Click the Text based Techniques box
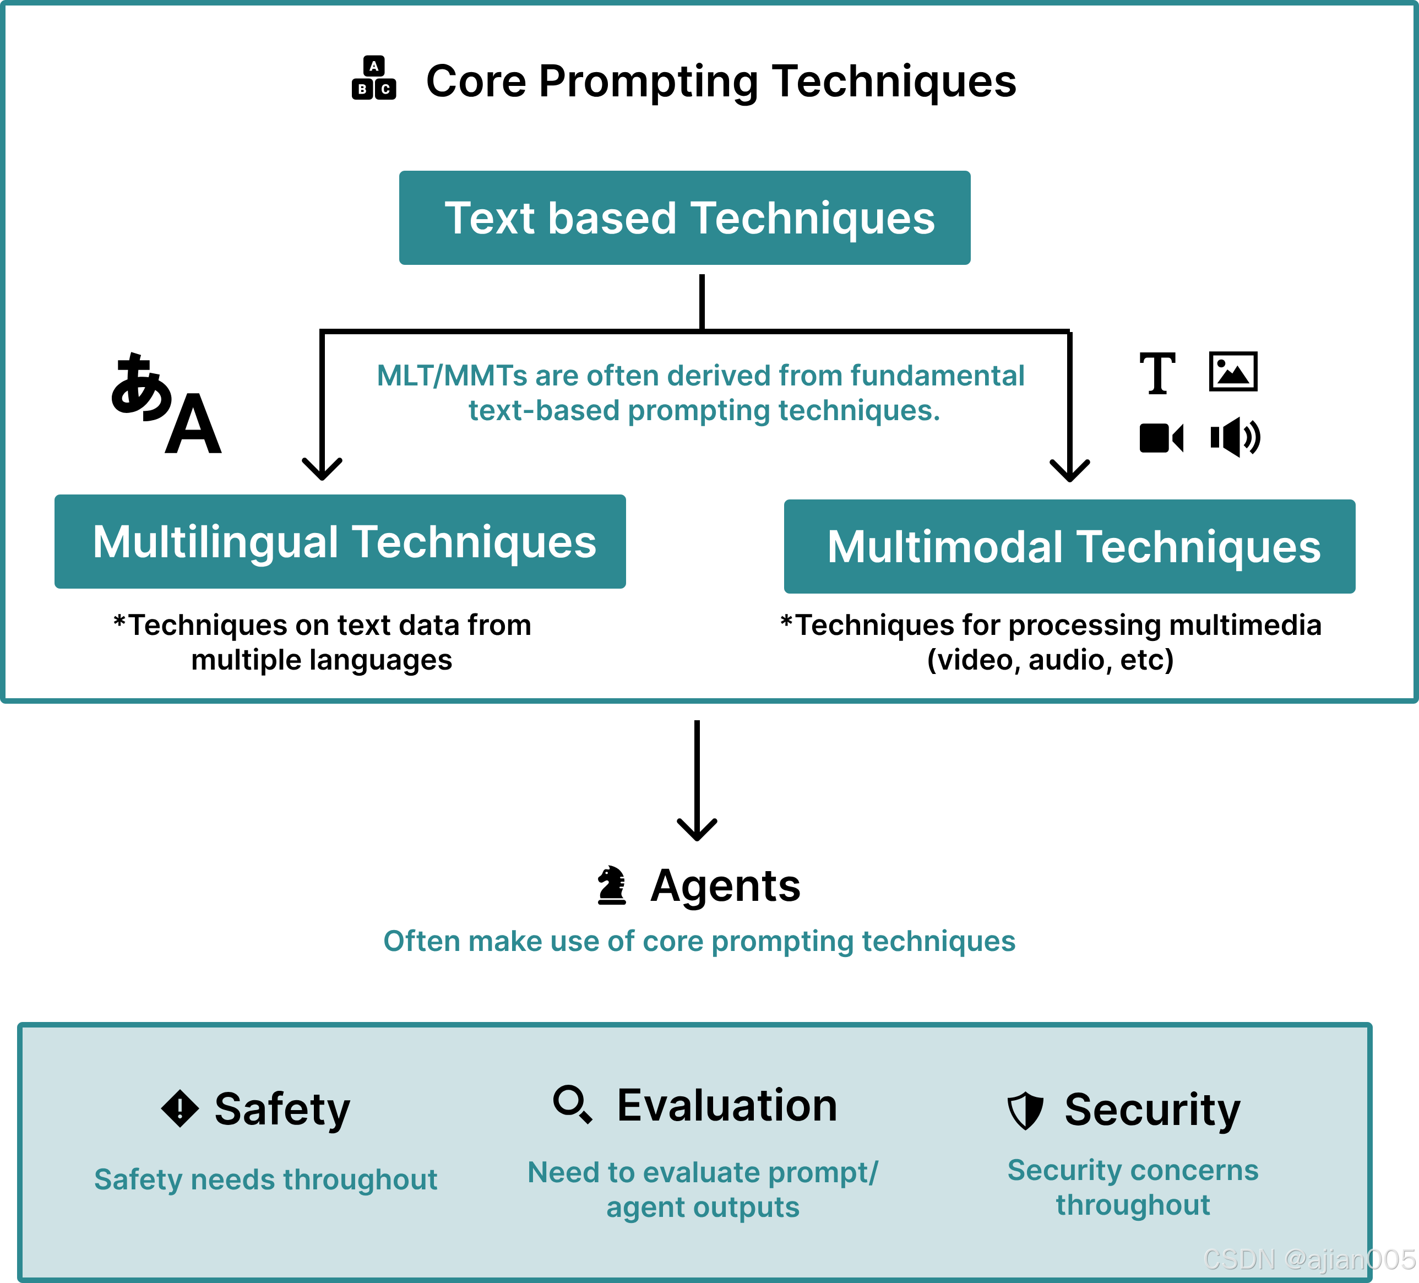(x=684, y=218)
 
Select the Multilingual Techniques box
(x=340, y=541)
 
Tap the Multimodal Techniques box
(x=1069, y=546)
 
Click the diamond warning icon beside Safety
(x=180, y=1108)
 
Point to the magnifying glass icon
(x=572, y=1103)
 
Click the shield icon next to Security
(x=1025, y=1111)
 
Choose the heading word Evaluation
(x=727, y=1105)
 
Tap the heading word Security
(x=1152, y=1110)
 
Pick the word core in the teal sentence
(x=672, y=941)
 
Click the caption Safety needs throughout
(x=265, y=1179)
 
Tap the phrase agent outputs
(x=703, y=1207)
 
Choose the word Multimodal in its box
(x=944, y=547)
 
